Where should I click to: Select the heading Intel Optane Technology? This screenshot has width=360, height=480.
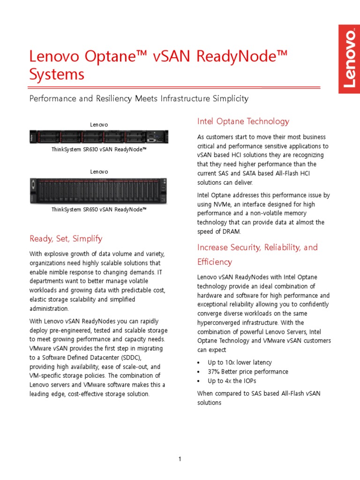[243, 121]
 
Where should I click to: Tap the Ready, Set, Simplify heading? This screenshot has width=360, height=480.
[66, 239]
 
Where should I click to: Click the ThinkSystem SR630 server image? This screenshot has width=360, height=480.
[99, 137]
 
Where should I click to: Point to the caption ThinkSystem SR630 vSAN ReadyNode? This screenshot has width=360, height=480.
[99, 149]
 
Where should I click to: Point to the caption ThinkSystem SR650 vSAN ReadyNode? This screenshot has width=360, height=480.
[99, 210]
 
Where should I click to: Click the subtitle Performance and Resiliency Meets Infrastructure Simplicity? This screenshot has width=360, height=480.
[139, 98]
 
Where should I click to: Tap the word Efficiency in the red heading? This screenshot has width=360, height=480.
[214, 262]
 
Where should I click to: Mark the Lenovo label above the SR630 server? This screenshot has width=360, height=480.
[99, 125]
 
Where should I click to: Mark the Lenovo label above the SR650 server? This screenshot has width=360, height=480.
[99, 172]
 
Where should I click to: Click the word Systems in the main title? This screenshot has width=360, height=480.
[57, 75]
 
